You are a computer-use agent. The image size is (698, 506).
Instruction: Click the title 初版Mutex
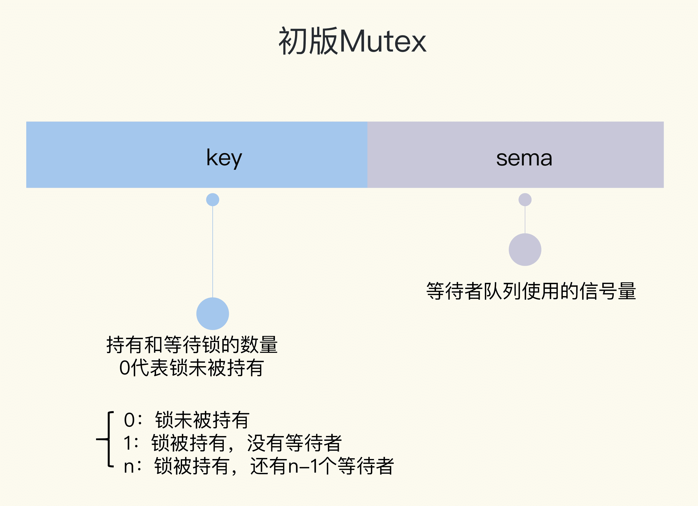[352, 41]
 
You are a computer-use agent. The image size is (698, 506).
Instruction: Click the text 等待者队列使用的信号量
[531, 291]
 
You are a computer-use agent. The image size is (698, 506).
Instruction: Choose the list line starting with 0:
[186, 420]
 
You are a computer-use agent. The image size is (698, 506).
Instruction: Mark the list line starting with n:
[259, 466]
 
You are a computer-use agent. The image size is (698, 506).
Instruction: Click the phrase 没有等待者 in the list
[294, 443]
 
